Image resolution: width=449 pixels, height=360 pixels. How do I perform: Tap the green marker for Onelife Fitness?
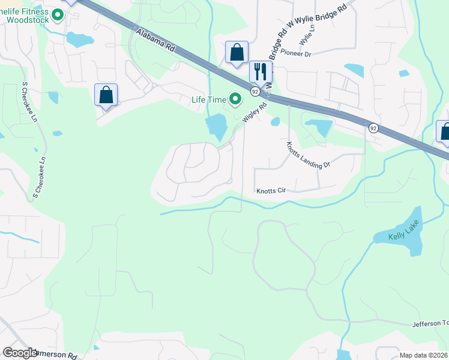click(x=58, y=15)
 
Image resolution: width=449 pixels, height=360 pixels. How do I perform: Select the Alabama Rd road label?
click(x=155, y=43)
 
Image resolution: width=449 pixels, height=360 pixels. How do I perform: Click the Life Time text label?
click(x=208, y=100)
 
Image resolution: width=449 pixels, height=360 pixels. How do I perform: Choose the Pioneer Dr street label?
click(x=295, y=54)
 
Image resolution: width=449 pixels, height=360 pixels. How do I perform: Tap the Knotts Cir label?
click(x=271, y=191)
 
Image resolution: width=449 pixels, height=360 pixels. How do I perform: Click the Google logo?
click(x=19, y=353)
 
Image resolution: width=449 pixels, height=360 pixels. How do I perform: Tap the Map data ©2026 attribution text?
click(x=424, y=355)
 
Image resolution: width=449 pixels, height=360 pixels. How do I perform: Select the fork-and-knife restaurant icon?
click(x=261, y=71)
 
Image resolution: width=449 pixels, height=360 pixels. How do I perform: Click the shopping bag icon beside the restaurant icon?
click(x=237, y=52)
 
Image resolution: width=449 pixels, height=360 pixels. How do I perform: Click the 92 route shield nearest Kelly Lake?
click(x=373, y=128)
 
